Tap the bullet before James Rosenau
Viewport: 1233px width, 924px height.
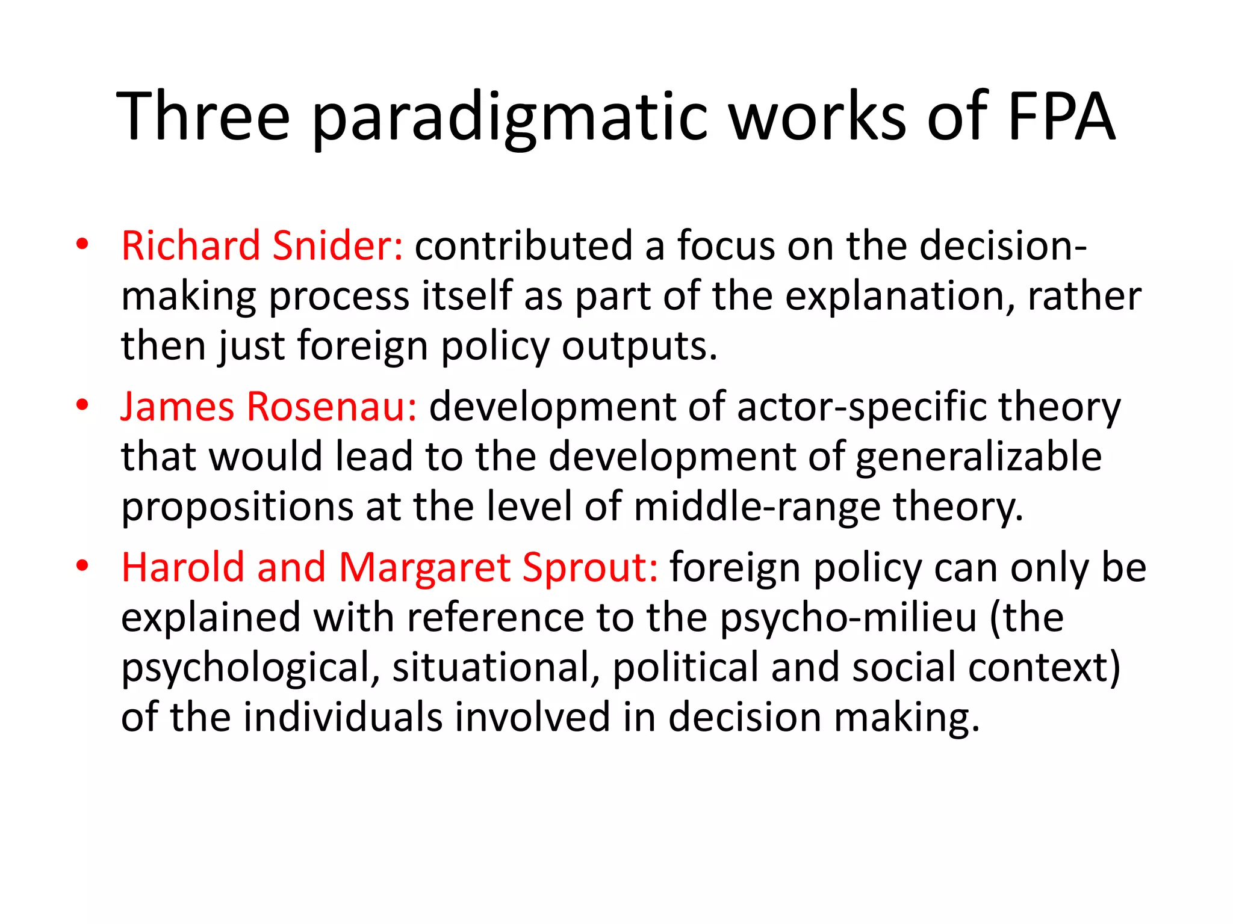pos(82,405)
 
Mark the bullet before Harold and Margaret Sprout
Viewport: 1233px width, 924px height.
pos(82,566)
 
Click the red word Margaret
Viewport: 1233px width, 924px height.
pos(424,567)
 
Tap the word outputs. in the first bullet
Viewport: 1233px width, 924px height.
pos(639,347)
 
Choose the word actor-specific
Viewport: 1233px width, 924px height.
pos(861,407)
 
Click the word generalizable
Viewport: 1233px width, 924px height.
pos(978,457)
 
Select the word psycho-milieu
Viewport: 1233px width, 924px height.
pos(848,618)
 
